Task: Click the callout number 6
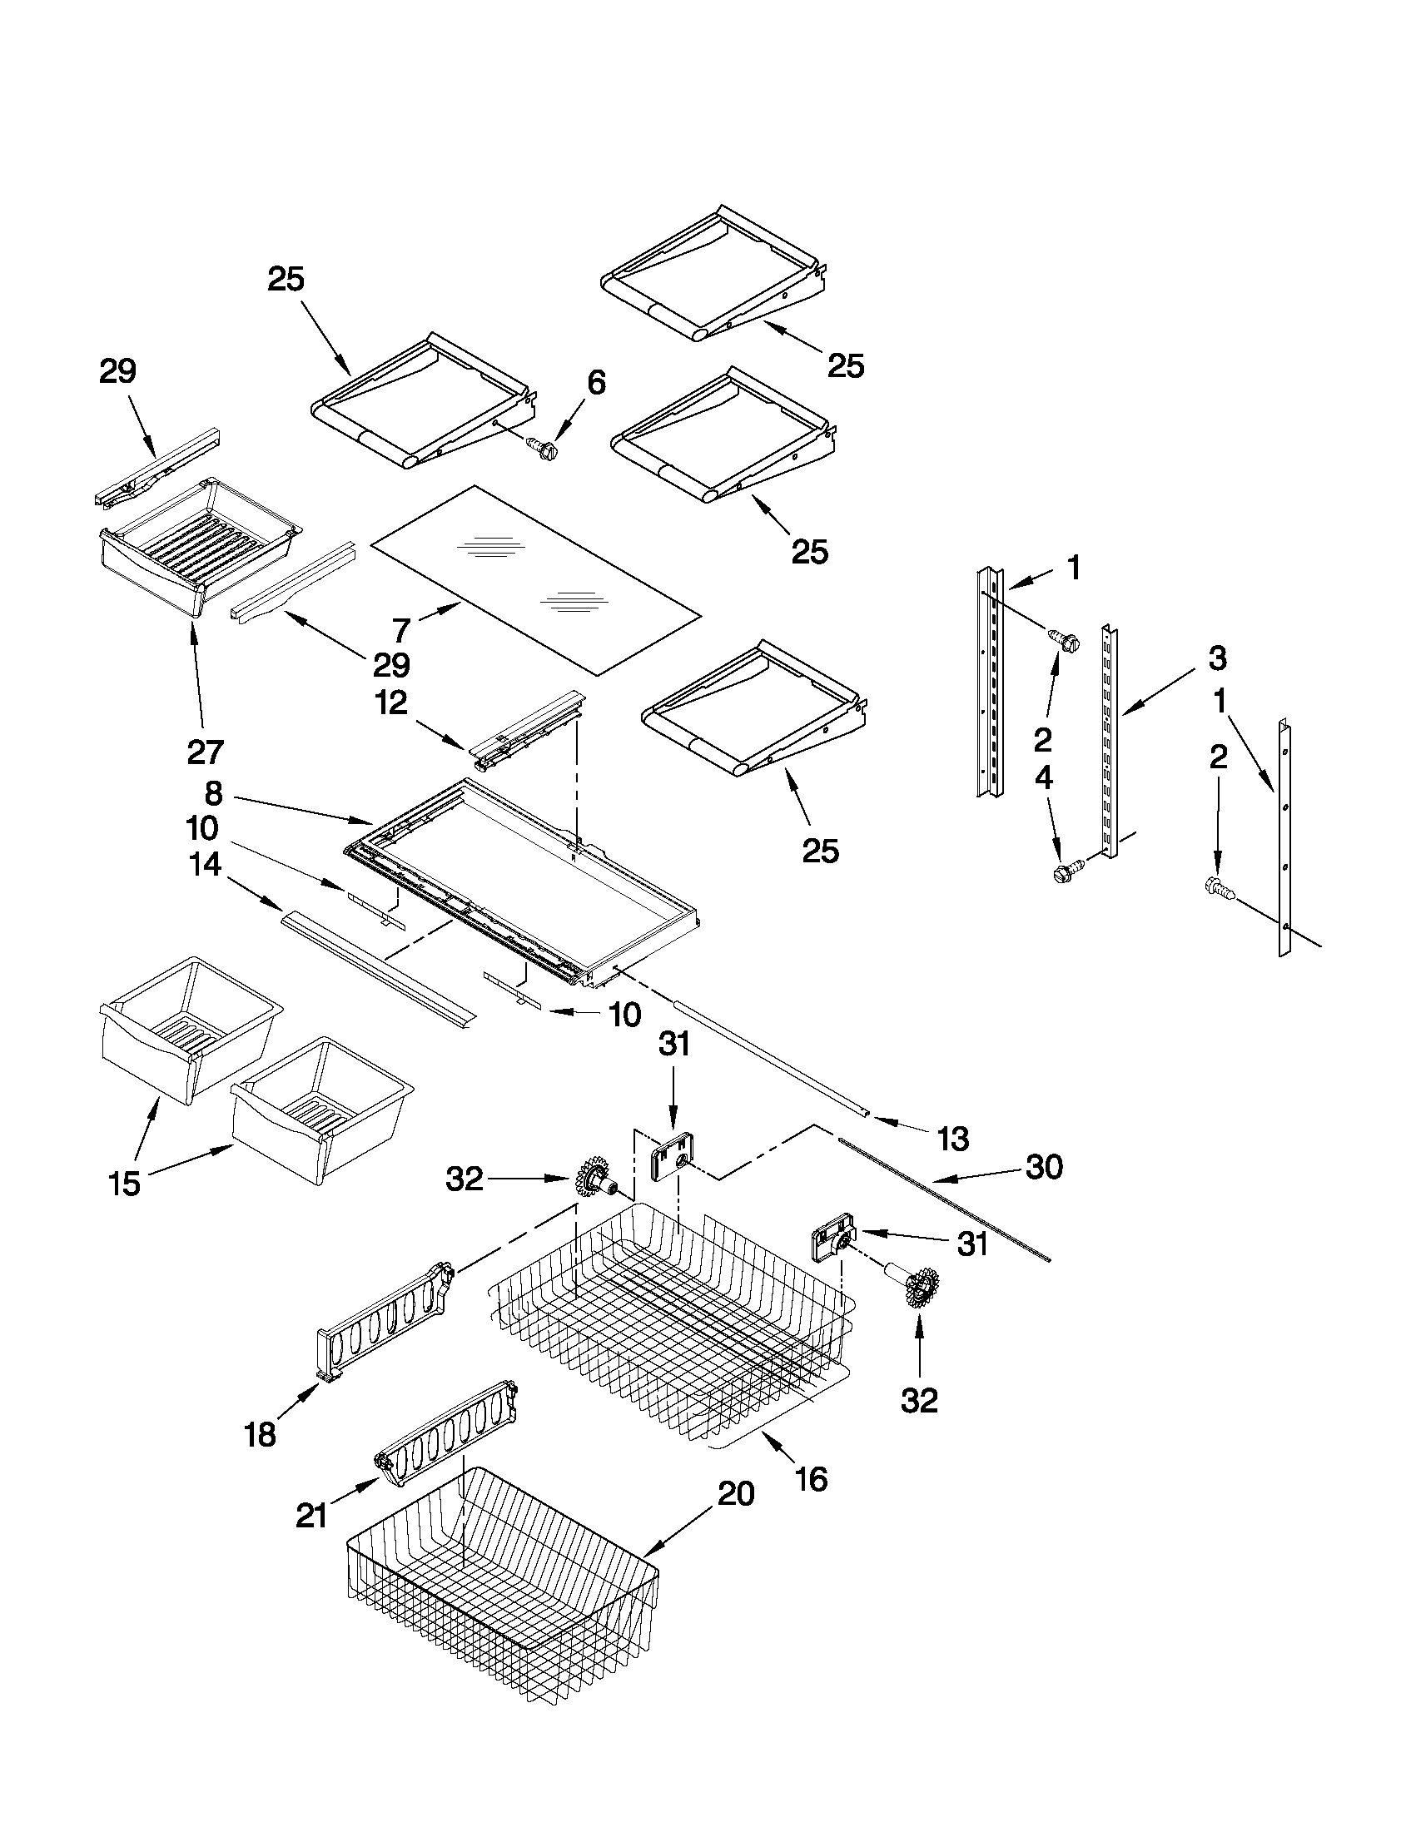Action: [594, 383]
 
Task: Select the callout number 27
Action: [205, 752]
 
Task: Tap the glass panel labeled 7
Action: [537, 578]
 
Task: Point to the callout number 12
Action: [391, 703]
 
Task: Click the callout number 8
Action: [213, 792]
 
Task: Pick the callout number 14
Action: [206, 864]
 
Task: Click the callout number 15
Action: [124, 1184]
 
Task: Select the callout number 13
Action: [952, 1139]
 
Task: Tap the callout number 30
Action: [1044, 1166]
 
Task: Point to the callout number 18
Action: [259, 1434]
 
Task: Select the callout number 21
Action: [311, 1516]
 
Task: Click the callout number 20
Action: [735, 1493]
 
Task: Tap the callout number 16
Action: [810, 1479]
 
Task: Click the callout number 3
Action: [1217, 658]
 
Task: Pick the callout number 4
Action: [1043, 778]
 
